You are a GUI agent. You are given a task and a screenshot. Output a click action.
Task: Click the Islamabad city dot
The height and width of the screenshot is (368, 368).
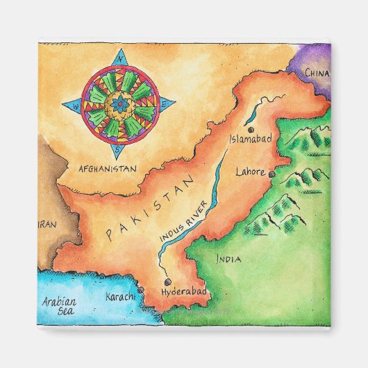[x=251, y=130]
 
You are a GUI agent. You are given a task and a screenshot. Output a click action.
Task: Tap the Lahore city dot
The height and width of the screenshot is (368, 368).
[x=272, y=174]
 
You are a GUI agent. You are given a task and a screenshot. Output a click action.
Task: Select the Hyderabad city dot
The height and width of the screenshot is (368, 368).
[x=167, y=282]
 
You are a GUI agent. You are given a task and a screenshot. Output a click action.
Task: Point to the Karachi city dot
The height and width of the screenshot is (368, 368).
[x=141, y=290]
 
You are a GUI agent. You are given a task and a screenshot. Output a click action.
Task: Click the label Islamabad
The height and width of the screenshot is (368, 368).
[x=250, y=139]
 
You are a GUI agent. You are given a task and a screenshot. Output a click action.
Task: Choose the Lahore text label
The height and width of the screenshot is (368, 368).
[x=251, y=171]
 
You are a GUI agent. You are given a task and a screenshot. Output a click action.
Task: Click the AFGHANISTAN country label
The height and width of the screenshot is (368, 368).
[x=107, y=168]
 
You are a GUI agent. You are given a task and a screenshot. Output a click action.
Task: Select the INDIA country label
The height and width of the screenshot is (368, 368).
[x=228, y=260]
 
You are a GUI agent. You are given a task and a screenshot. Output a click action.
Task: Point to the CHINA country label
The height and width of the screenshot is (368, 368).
[x=317, y=73]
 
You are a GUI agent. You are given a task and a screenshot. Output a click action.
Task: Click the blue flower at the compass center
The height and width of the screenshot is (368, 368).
[x=119, y=104]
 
